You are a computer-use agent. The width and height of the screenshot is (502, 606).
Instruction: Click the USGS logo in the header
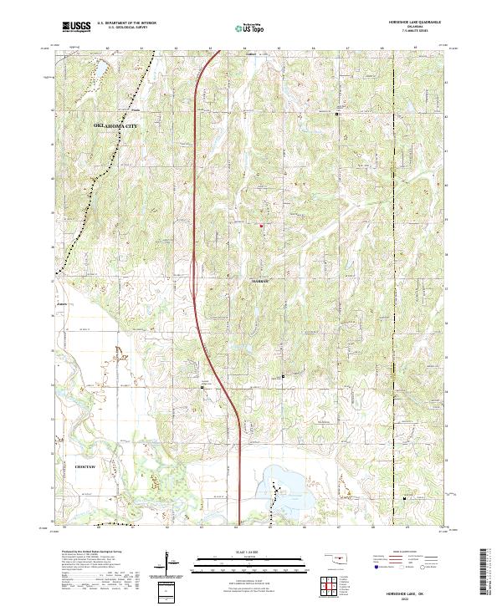[76, 28]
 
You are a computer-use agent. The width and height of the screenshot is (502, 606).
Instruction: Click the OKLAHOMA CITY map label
[114, 125]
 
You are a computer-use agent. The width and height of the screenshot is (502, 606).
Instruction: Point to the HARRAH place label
[262, 282]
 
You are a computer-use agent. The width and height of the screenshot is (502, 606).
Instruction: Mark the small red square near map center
[261, 226]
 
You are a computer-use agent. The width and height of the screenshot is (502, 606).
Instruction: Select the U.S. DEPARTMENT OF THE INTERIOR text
[126, 23]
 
